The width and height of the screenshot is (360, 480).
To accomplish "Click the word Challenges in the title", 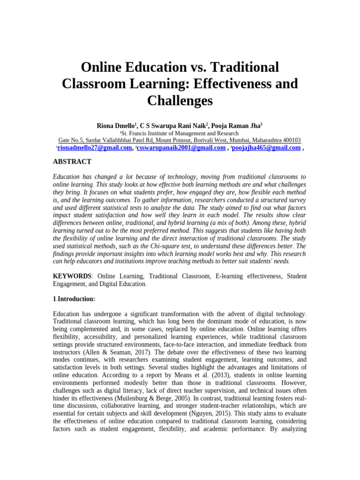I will tap(180, 100).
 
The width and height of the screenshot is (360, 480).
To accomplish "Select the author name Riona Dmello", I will tap(116, 126).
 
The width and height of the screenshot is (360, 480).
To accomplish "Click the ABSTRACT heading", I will tap(72, 162).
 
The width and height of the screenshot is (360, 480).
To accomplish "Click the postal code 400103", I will tap(291, 140).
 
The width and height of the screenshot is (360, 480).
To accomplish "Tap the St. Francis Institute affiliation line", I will tap(180, 133).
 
